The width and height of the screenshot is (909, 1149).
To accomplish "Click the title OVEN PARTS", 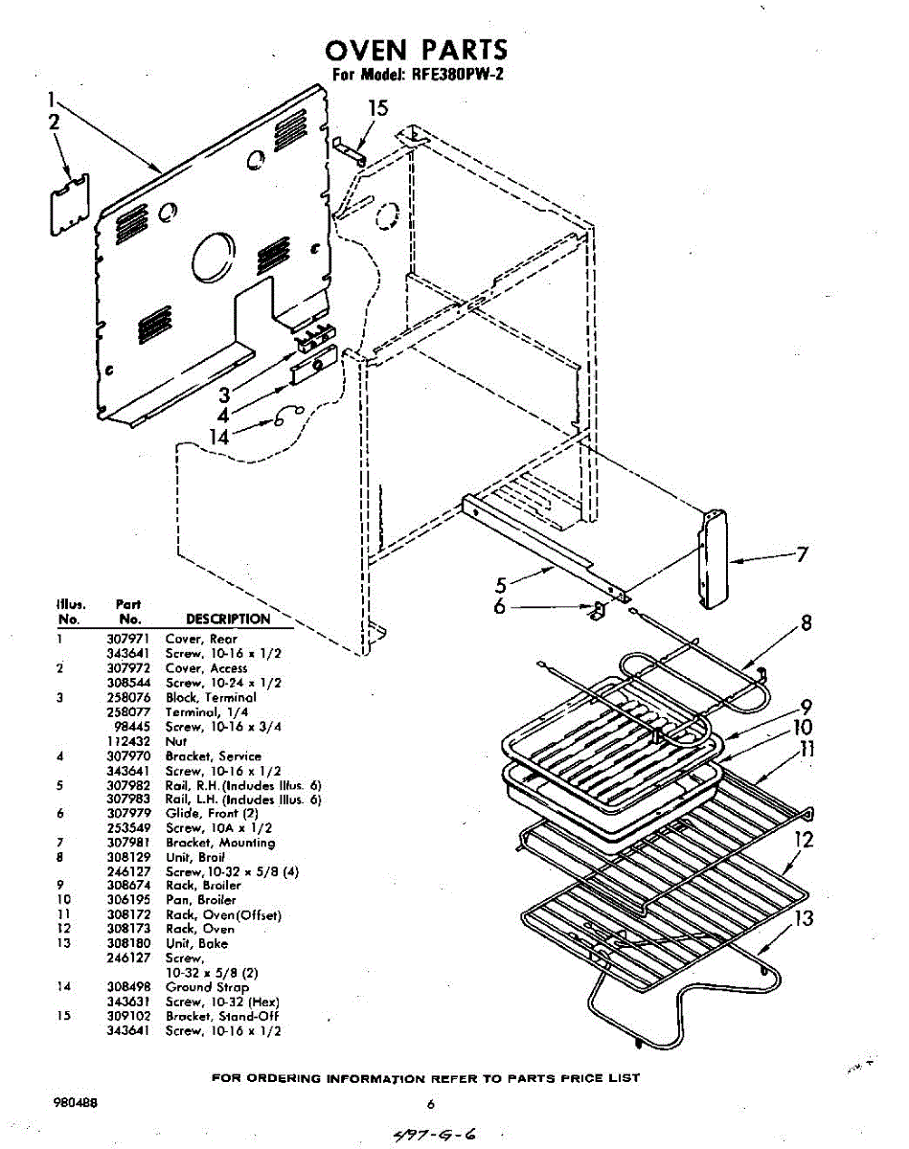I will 417,51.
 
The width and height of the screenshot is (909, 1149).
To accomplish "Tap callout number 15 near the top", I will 378,109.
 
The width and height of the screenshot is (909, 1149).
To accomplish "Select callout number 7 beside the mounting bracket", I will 803,554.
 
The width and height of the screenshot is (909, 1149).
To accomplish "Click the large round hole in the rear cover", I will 212,257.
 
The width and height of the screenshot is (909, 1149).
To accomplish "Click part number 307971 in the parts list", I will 125,639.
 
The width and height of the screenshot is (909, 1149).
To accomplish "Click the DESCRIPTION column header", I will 228,620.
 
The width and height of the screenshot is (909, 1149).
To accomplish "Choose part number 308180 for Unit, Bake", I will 125,943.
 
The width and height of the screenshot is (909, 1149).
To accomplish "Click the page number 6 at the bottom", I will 431,1104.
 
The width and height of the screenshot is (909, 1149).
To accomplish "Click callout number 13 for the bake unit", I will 805,918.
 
